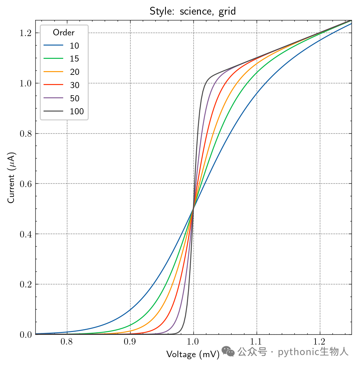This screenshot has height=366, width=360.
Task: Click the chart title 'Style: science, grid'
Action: (x=192, y=11)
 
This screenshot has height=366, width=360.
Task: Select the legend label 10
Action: (x=74, y=46)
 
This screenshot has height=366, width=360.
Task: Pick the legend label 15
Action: (x=74, y=59)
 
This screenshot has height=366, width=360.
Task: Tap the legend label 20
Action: (x=75, y=72)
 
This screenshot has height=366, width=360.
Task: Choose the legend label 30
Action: (x=75, y=85)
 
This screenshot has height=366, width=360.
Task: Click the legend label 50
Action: (x=75, y=98)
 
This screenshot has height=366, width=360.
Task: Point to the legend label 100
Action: (x=77, y=111)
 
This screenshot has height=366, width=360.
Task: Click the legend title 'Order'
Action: (x=64, y=32)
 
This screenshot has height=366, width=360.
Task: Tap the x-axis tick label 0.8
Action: (x=67, y=342)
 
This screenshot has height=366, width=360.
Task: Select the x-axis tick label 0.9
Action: (x=130, y=342)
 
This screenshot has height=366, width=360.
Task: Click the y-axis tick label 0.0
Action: (x=25, y=335)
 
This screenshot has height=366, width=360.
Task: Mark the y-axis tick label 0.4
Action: (x=25, y=234)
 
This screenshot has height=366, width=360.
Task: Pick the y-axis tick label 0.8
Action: (x=25, y=134)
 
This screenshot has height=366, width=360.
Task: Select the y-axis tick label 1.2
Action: (x=25, y=33)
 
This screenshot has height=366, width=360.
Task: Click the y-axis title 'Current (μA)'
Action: (x=11, y=178)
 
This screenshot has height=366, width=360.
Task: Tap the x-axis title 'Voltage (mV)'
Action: (x=193, y=354)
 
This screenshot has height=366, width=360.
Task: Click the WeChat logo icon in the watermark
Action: (x=228, y=351)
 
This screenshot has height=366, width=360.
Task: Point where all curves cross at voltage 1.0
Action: (x=193, y=209)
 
